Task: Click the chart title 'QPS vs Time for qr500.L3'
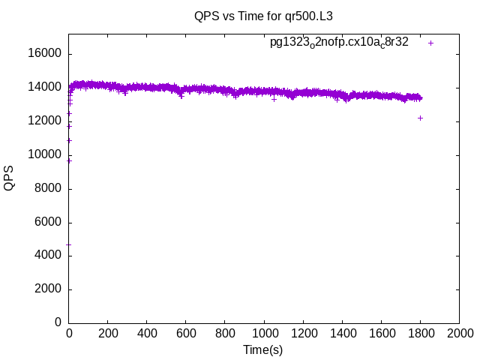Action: (263, 15)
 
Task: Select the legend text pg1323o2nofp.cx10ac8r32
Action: (339, 43)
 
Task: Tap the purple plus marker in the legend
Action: (431, 43)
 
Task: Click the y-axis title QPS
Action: (10, 178)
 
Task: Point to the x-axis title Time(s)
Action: (262, 349)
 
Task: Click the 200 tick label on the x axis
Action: (108, 332)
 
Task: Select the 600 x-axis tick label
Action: (186, 332)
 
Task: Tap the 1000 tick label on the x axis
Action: (264, 332)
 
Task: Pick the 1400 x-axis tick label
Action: (342, 332)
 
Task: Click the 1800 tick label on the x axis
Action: (420, 332)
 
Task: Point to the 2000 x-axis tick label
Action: (459, 332)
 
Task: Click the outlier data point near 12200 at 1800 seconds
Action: (420, 118)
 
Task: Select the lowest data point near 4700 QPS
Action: (69, 244)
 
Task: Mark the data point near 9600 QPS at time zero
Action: (69, 160)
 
